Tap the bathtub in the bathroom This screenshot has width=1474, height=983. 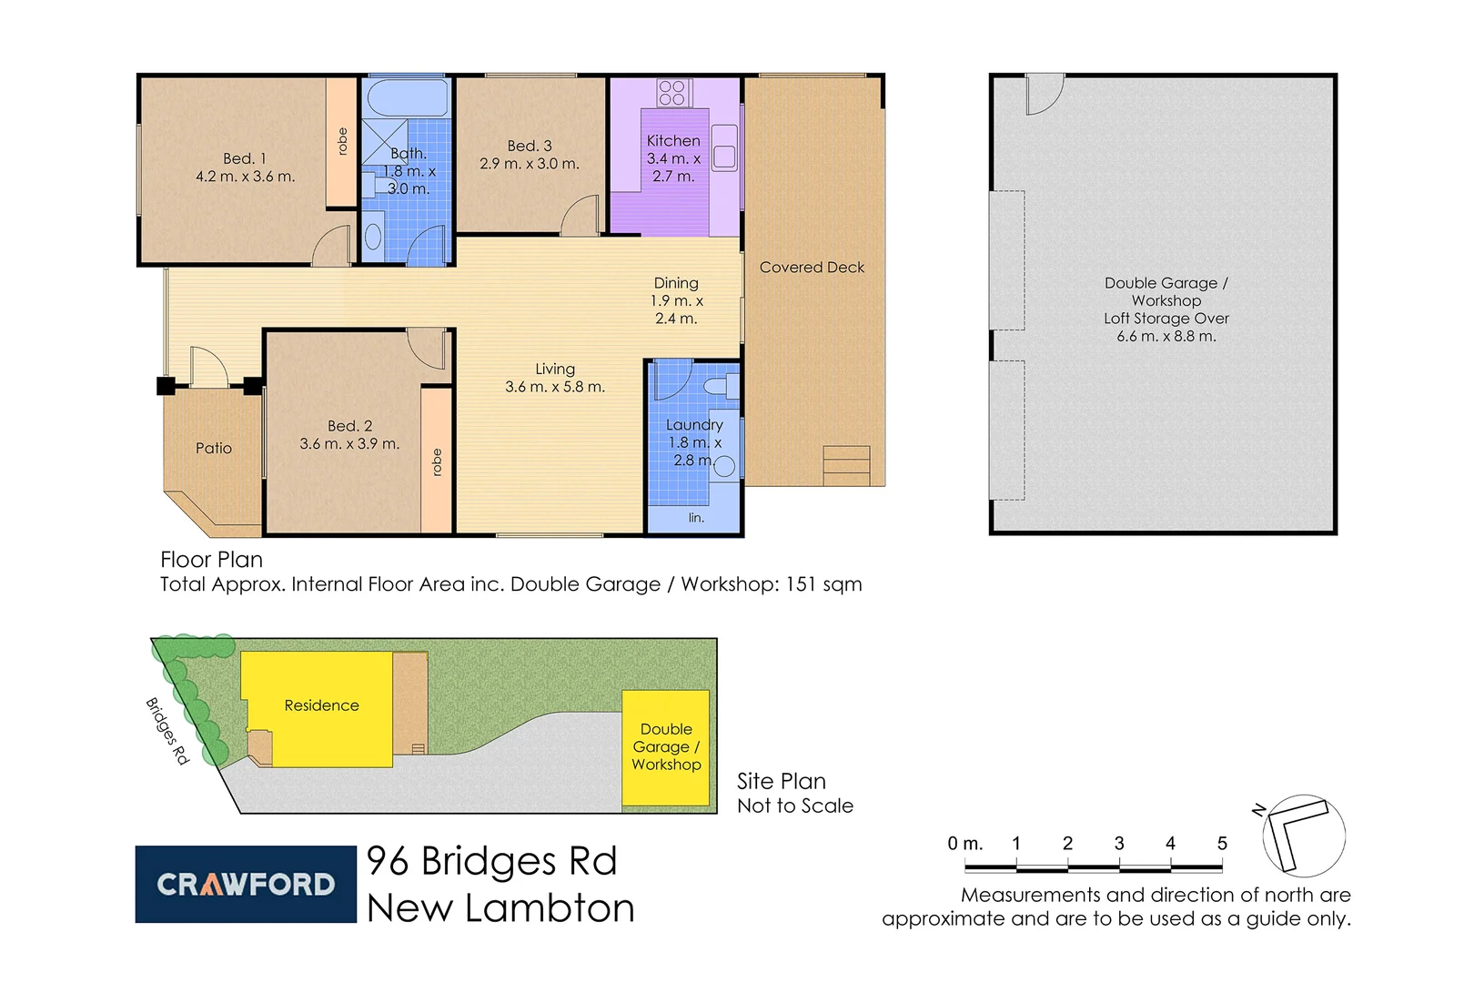(x=407, y=97)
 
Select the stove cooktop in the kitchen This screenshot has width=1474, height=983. (x=672, y=93)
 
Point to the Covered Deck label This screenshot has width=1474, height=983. (x=812, y=268)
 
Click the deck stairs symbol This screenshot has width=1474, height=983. (x=846, y=465)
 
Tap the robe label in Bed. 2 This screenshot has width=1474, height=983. (x=437, y=462)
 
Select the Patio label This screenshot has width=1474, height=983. (x=214, y=448)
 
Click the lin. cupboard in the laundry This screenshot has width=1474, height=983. (x=695, y=517)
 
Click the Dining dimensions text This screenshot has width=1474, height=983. (x=676, y=309)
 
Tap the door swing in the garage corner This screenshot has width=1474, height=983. (x=1044, y=94)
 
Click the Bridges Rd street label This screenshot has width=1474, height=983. (x=167, y=730)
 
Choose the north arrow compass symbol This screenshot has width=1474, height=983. (x=1303, y=835)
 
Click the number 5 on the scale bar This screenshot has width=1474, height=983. (x=1222, y=844)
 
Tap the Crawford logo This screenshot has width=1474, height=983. (x=246, y=884)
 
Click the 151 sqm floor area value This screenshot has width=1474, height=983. (x=823, y=584)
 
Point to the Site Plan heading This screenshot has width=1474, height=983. (x=781, y=781)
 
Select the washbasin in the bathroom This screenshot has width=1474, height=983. (x=373, y=238)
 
